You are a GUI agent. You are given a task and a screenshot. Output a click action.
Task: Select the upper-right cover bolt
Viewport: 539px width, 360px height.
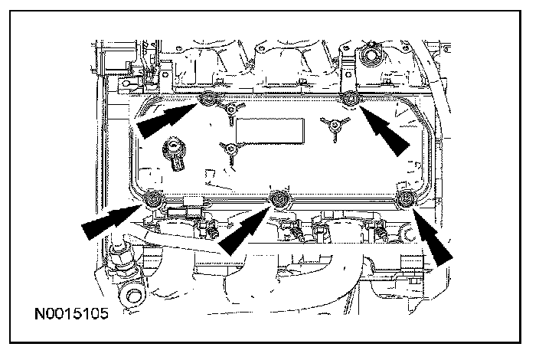coord(349,98)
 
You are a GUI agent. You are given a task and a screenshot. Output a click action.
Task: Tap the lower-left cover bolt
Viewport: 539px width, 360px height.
coord(153,199)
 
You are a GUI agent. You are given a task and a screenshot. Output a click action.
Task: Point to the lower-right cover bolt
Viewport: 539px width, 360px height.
coord(405,200)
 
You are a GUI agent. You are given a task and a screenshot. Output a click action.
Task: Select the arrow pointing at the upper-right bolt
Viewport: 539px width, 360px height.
coord(387,130)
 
